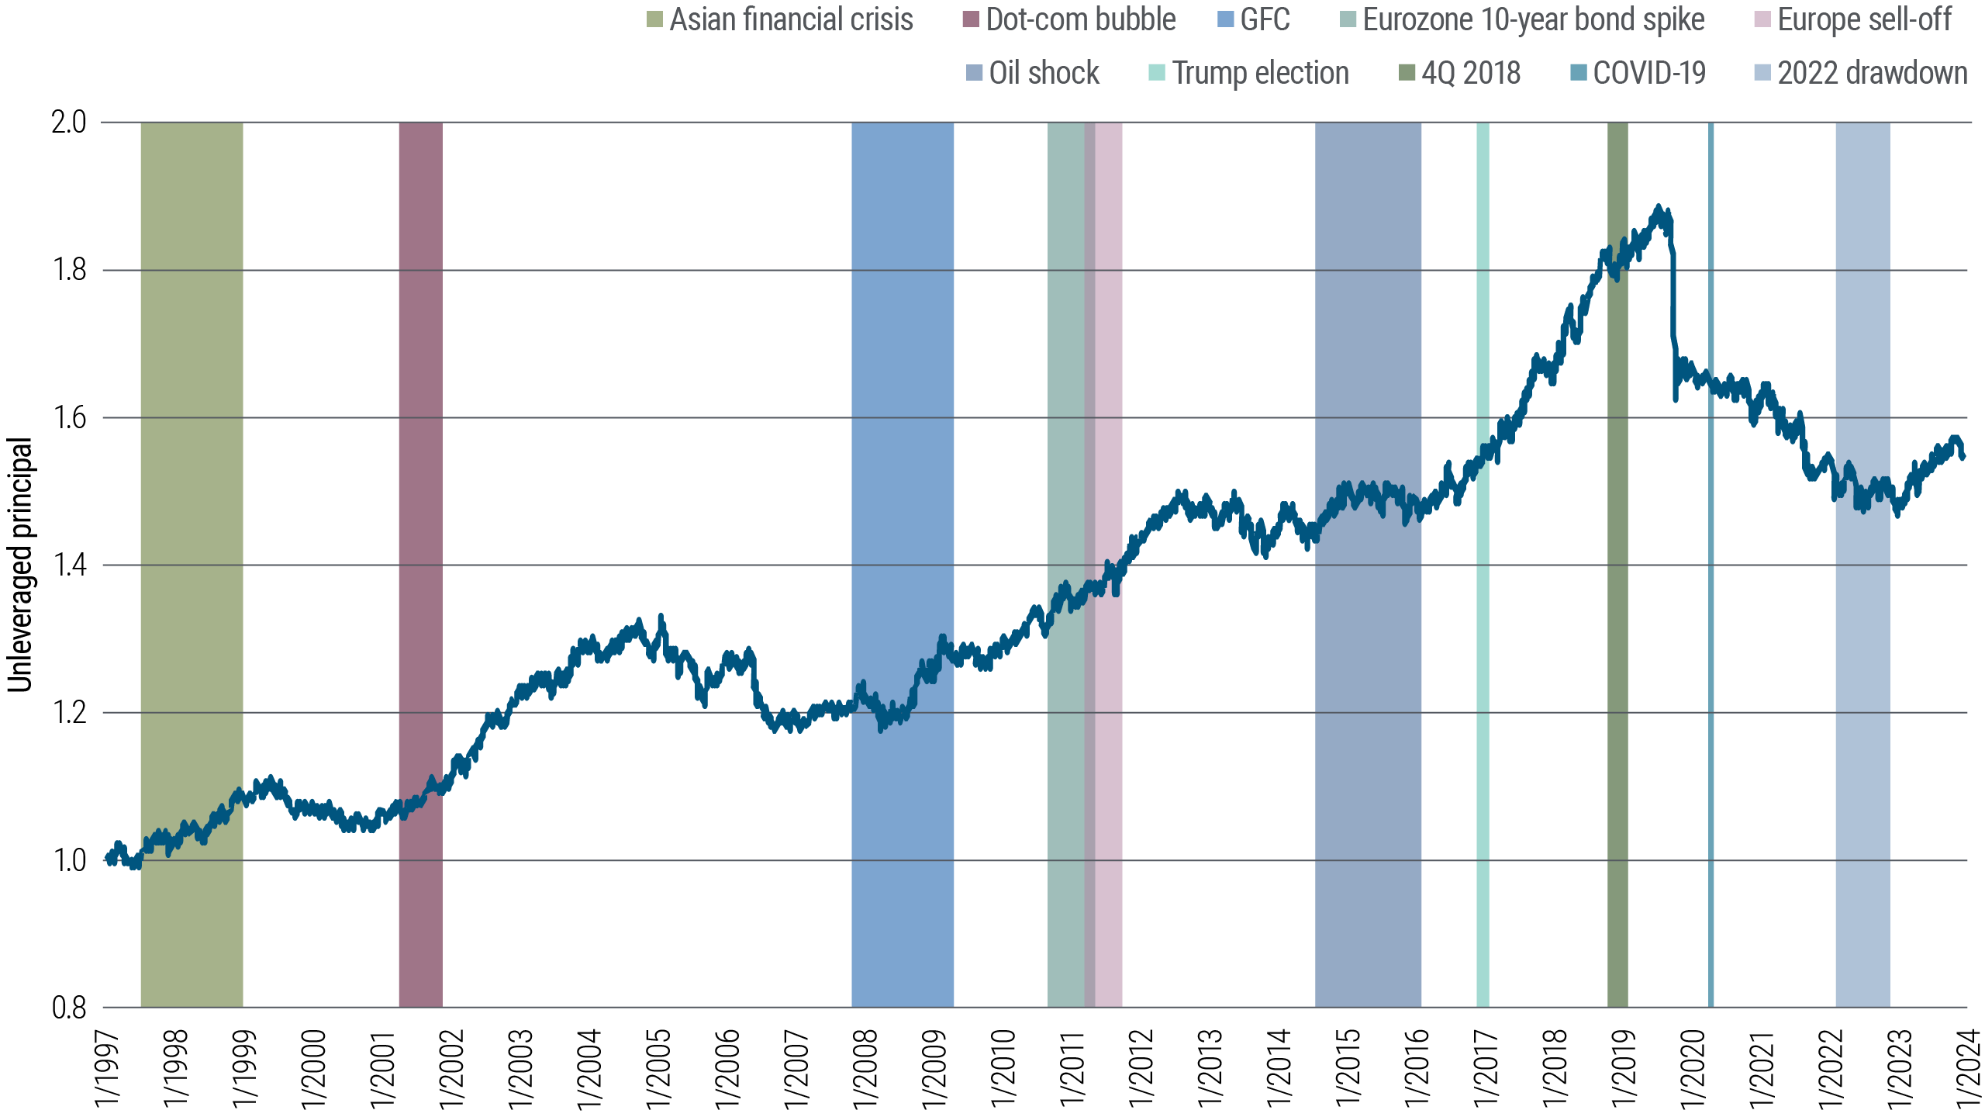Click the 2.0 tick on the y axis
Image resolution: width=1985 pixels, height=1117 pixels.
pyautogui.click(x=69, y=123)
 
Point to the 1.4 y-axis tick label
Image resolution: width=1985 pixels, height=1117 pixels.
pyautogui.click(x=69, y=565)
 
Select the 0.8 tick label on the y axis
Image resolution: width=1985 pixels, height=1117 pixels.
pyautogui.click(x=69, y=1008)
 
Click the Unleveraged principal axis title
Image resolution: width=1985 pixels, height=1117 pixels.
pyautogui.click(x=20, y=565)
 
